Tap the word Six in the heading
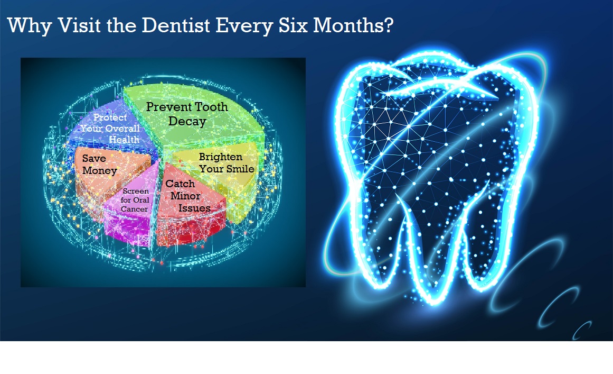[293, 25]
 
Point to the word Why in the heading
[30, 26]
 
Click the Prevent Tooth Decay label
[187, 114]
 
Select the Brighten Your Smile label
[227, 162]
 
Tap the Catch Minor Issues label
[188, 195]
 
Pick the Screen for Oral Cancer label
[135, 200]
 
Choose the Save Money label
[99, 164]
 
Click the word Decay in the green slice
[187, 121]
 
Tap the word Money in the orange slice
[99, 171]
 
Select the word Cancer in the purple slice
[134, 209]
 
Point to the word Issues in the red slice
[194, 208]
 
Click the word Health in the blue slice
[124, 140]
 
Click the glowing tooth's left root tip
[379, 286]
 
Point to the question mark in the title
[389, 25]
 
